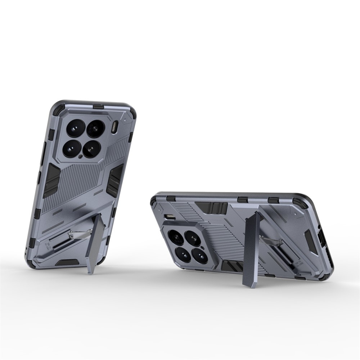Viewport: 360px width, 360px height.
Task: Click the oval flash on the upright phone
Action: [x=115, y=127]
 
